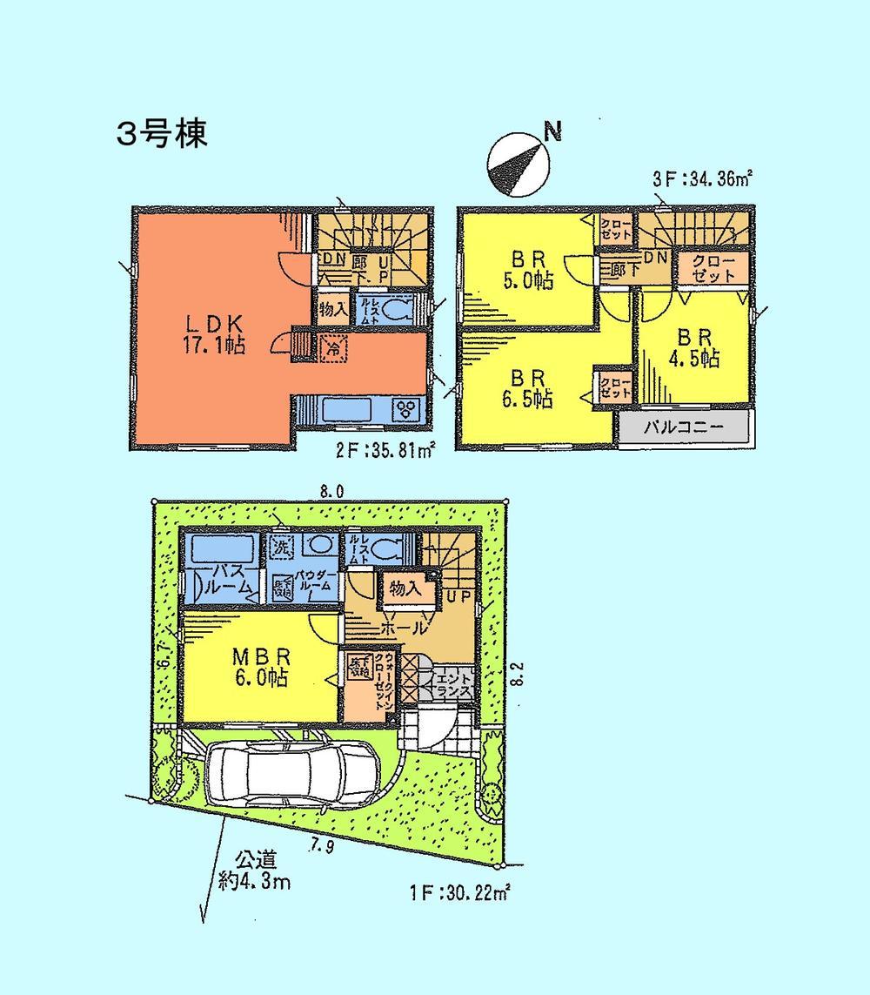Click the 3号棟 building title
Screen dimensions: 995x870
pos(162,135)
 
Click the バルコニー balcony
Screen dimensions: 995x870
pos(684,428)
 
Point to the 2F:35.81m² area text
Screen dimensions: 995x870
pos(384,451)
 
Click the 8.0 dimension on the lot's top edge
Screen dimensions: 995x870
pos(331,492)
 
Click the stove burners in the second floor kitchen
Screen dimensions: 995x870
pos(406,408)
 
